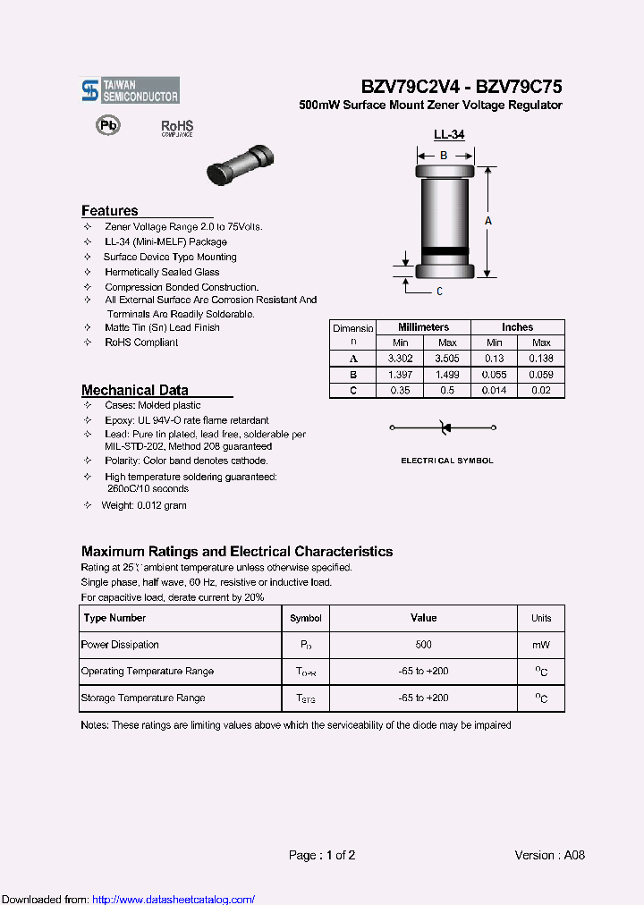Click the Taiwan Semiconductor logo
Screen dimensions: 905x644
130,89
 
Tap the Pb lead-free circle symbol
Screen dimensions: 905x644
107,126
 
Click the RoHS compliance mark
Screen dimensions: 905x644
176,128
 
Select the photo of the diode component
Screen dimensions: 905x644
238,165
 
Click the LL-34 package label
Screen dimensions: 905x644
448,135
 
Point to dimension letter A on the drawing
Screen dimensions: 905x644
488,220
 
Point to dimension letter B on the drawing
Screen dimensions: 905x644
443,155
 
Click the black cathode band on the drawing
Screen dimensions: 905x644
443,250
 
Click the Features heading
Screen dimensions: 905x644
110,211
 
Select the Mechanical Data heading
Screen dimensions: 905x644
134,390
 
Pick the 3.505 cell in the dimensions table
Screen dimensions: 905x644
446,358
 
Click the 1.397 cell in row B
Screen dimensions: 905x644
399,374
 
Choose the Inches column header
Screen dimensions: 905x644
517,327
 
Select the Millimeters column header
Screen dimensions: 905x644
423,327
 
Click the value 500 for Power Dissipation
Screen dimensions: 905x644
423,645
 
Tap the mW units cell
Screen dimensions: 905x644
541,645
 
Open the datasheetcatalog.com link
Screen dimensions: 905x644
174,899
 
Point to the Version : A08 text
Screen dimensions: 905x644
549,855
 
